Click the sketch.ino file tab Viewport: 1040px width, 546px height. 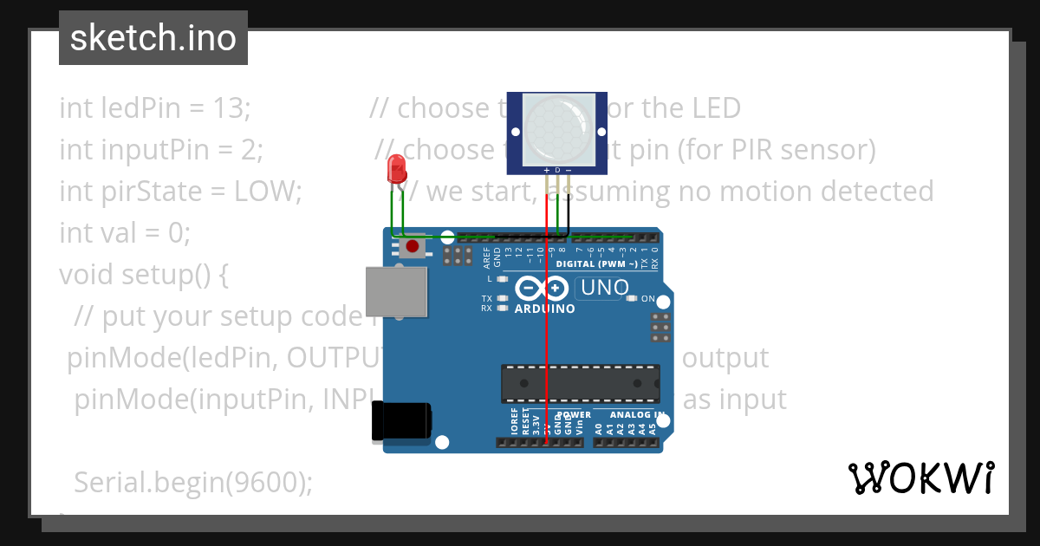pyautogui.click(x=153, y=38)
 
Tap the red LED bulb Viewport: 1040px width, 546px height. pyautogui.click(x=397, y=167)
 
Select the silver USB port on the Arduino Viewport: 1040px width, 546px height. pyautogui.click(x=397, y=291)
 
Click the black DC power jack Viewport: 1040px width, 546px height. pyautogui.click(x=400, y=422)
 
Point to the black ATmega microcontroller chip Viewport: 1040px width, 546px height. pyautogui.click(x=580, y=384)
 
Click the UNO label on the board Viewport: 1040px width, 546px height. pyautogui.click(x=605, y=288)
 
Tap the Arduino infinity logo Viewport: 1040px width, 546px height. pyautogui.click(x=543, y=288)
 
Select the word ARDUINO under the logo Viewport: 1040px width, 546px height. pyautogui.click(x=545, y=309)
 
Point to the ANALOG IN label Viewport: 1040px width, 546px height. pyautogui.click(x=630, y=414)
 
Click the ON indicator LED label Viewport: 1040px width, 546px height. pyautogui.click(x=647, y=298)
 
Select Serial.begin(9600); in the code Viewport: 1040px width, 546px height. pyautogui.click(x=193, y=482)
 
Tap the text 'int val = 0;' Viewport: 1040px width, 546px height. pyautogui.click(x=124, y=233)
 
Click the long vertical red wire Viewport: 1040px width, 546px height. pyautogui.click(x=547, y=347)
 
